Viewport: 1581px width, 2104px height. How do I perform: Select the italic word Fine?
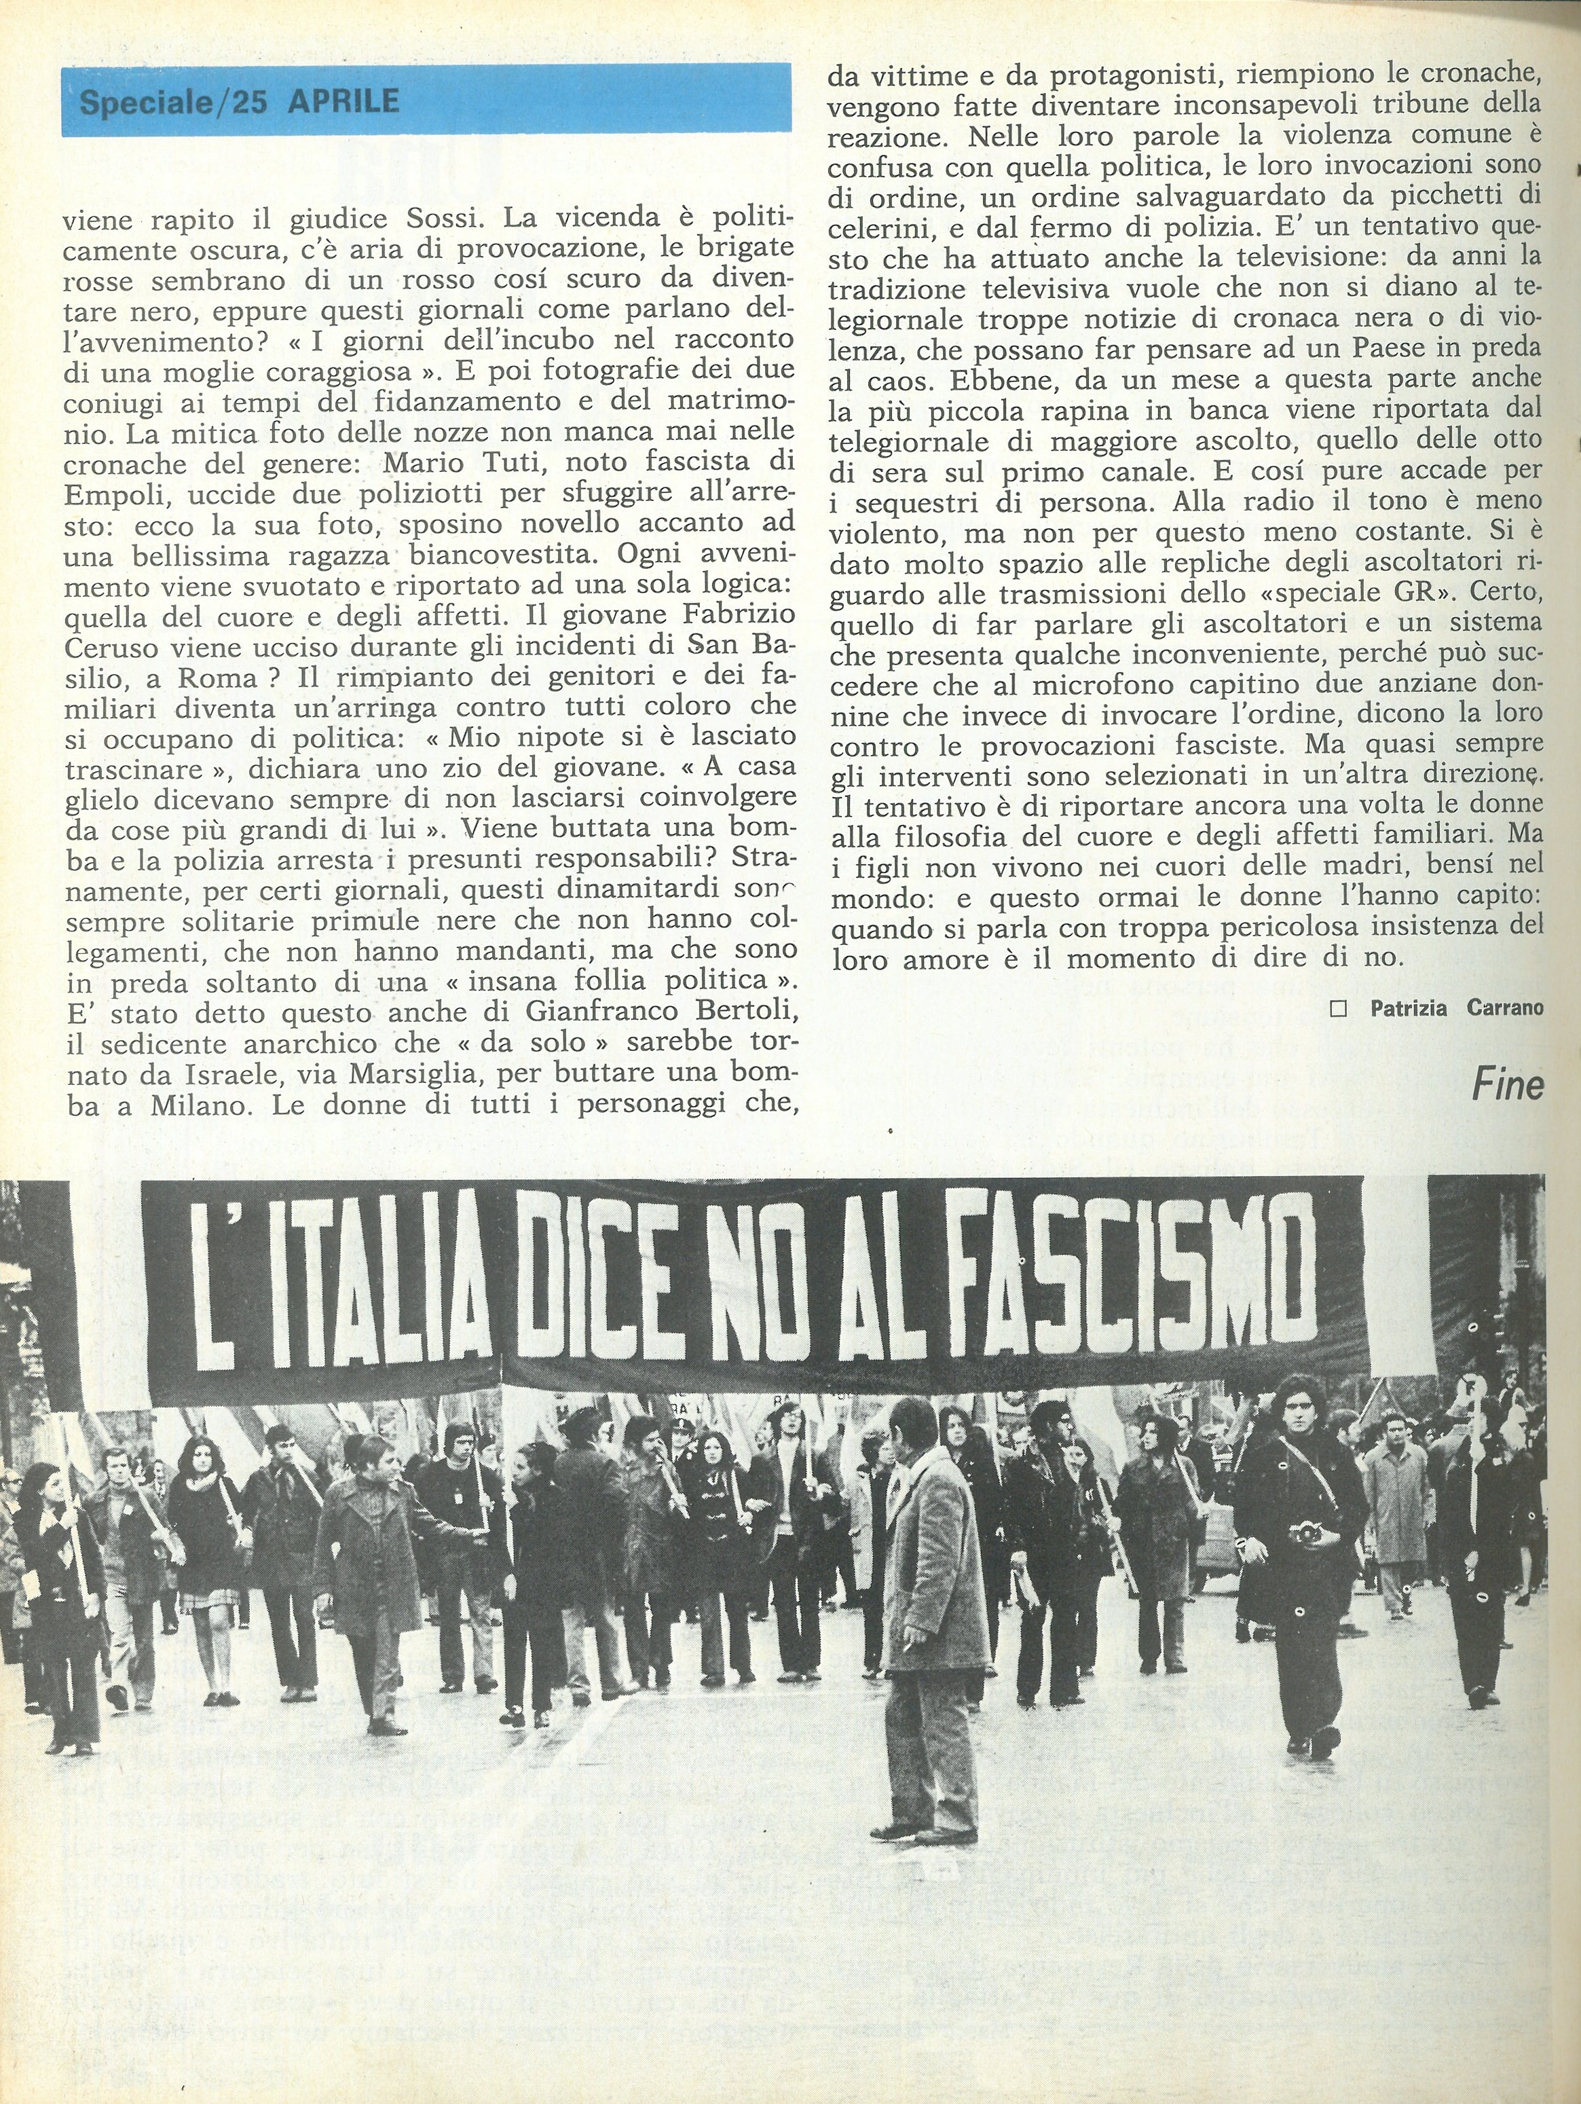tap(1507, 1086)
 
